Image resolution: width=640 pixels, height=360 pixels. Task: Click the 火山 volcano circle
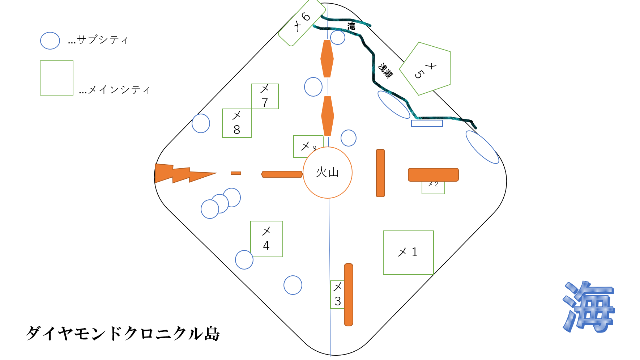[327, 173]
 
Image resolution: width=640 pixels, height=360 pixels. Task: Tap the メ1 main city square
[408, 253]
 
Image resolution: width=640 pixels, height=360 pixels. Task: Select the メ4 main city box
[266, 239]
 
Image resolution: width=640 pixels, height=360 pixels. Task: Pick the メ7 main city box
[265, 96]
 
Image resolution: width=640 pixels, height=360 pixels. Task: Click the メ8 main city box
[236, 123]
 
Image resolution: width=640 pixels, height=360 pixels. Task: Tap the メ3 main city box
[337, 295]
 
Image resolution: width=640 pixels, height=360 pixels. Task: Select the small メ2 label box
[433, 187]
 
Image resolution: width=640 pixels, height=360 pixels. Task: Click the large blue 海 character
[588, 307]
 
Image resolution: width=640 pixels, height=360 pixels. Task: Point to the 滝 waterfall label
[351, 26]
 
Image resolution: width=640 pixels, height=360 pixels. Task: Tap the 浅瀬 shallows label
[385, 71]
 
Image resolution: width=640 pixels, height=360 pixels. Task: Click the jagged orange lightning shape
[181, 173]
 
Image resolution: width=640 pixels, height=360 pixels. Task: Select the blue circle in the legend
[50, 41]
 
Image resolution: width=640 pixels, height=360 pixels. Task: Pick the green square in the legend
[56, 78]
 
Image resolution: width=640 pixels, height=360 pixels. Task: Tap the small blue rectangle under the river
[427, 123]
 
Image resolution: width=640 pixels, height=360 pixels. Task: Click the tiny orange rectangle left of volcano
[236, 173]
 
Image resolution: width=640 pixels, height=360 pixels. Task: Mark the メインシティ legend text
[114, 90]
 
